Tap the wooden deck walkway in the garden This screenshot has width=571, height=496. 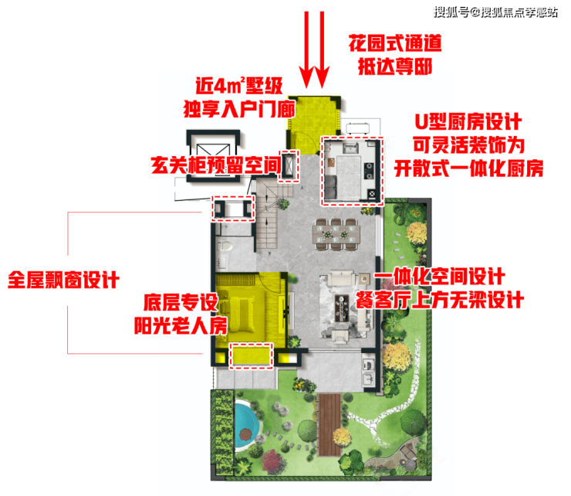click(x=330, y=424)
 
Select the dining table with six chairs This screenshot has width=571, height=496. click(x=336, y=234)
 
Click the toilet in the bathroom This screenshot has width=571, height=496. click(x=225, y=246)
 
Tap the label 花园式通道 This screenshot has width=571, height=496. click(x=395, y=43)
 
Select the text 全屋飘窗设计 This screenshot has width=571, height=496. click(x=63, y=280)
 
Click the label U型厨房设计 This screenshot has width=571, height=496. click(x=468, y=122)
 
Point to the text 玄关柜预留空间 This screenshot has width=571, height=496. click(x=216, y=165)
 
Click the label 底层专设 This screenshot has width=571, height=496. click(x=181, y=302)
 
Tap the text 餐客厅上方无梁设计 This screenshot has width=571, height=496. click(x=440, y=301)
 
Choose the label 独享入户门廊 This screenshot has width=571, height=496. click(x=239, y=109)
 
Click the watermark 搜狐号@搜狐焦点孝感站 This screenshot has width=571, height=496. click(x=495, y=12)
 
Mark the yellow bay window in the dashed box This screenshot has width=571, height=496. click(x=251, y=356)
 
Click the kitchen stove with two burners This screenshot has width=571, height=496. click(x=369, y=171)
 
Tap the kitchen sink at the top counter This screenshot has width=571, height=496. click(x=350, y=148)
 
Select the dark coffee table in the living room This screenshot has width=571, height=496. click(x=342, y=308)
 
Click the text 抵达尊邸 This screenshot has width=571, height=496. click(x=395, y=66)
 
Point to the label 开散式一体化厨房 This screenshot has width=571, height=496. click(x=468, y=168)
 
